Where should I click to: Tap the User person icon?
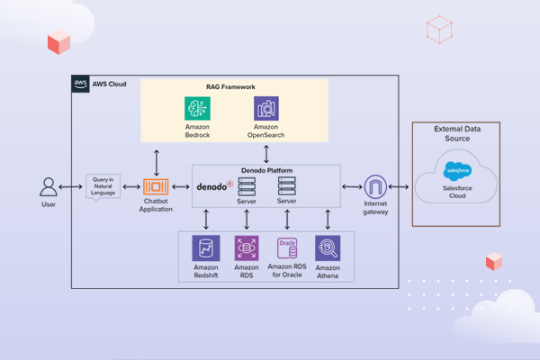click(49, 187)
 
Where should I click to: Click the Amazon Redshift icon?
click(206, 248)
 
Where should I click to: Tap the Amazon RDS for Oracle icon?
click(287, 248)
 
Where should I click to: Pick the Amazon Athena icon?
click(328, 248)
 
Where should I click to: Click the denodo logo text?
click(214, 187)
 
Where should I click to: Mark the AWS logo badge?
click(80, 84)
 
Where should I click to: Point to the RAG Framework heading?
click(230, 86)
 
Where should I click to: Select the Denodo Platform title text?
click(266, 170)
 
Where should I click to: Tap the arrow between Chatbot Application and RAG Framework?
click(157, 160)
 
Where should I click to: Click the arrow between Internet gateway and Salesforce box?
click(398, 188)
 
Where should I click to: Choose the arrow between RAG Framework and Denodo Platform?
click(265, 154)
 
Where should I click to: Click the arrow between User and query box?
click(72, 188)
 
